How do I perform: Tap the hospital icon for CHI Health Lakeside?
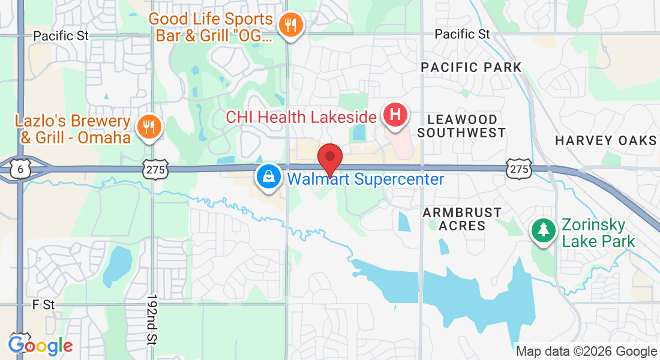point(395,115)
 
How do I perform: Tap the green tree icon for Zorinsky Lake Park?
point(544,230)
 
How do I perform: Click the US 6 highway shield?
point(20,170)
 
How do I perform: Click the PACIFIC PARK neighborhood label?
point(471,67)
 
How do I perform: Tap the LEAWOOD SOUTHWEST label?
point(461,126)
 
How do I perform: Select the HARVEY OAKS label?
point(605,140)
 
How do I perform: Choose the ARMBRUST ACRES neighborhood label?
point(461,219)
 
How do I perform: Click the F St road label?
point(44,305)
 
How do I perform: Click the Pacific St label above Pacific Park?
point(463,34)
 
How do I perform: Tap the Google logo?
point(40,346)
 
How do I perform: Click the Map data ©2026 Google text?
point(586,352)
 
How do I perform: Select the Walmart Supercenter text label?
point(365,179)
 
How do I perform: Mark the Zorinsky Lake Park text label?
point(598,234)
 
